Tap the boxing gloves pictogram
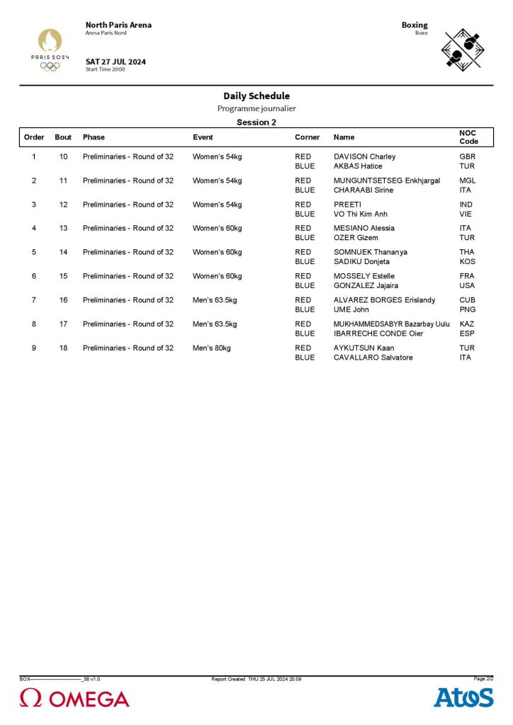462,48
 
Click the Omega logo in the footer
74,698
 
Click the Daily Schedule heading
256,96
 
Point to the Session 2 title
256,122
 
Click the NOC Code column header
468,137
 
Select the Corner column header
307,137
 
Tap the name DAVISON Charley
364,156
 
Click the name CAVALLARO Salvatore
373,358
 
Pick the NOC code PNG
467,309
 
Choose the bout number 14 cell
64,252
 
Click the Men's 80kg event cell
211,348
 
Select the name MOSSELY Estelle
364,276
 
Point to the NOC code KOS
467,262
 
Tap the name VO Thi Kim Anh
361,214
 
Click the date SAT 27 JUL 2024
115,62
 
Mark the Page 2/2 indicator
483,678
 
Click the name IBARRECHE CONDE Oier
378,333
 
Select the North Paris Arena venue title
118,25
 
